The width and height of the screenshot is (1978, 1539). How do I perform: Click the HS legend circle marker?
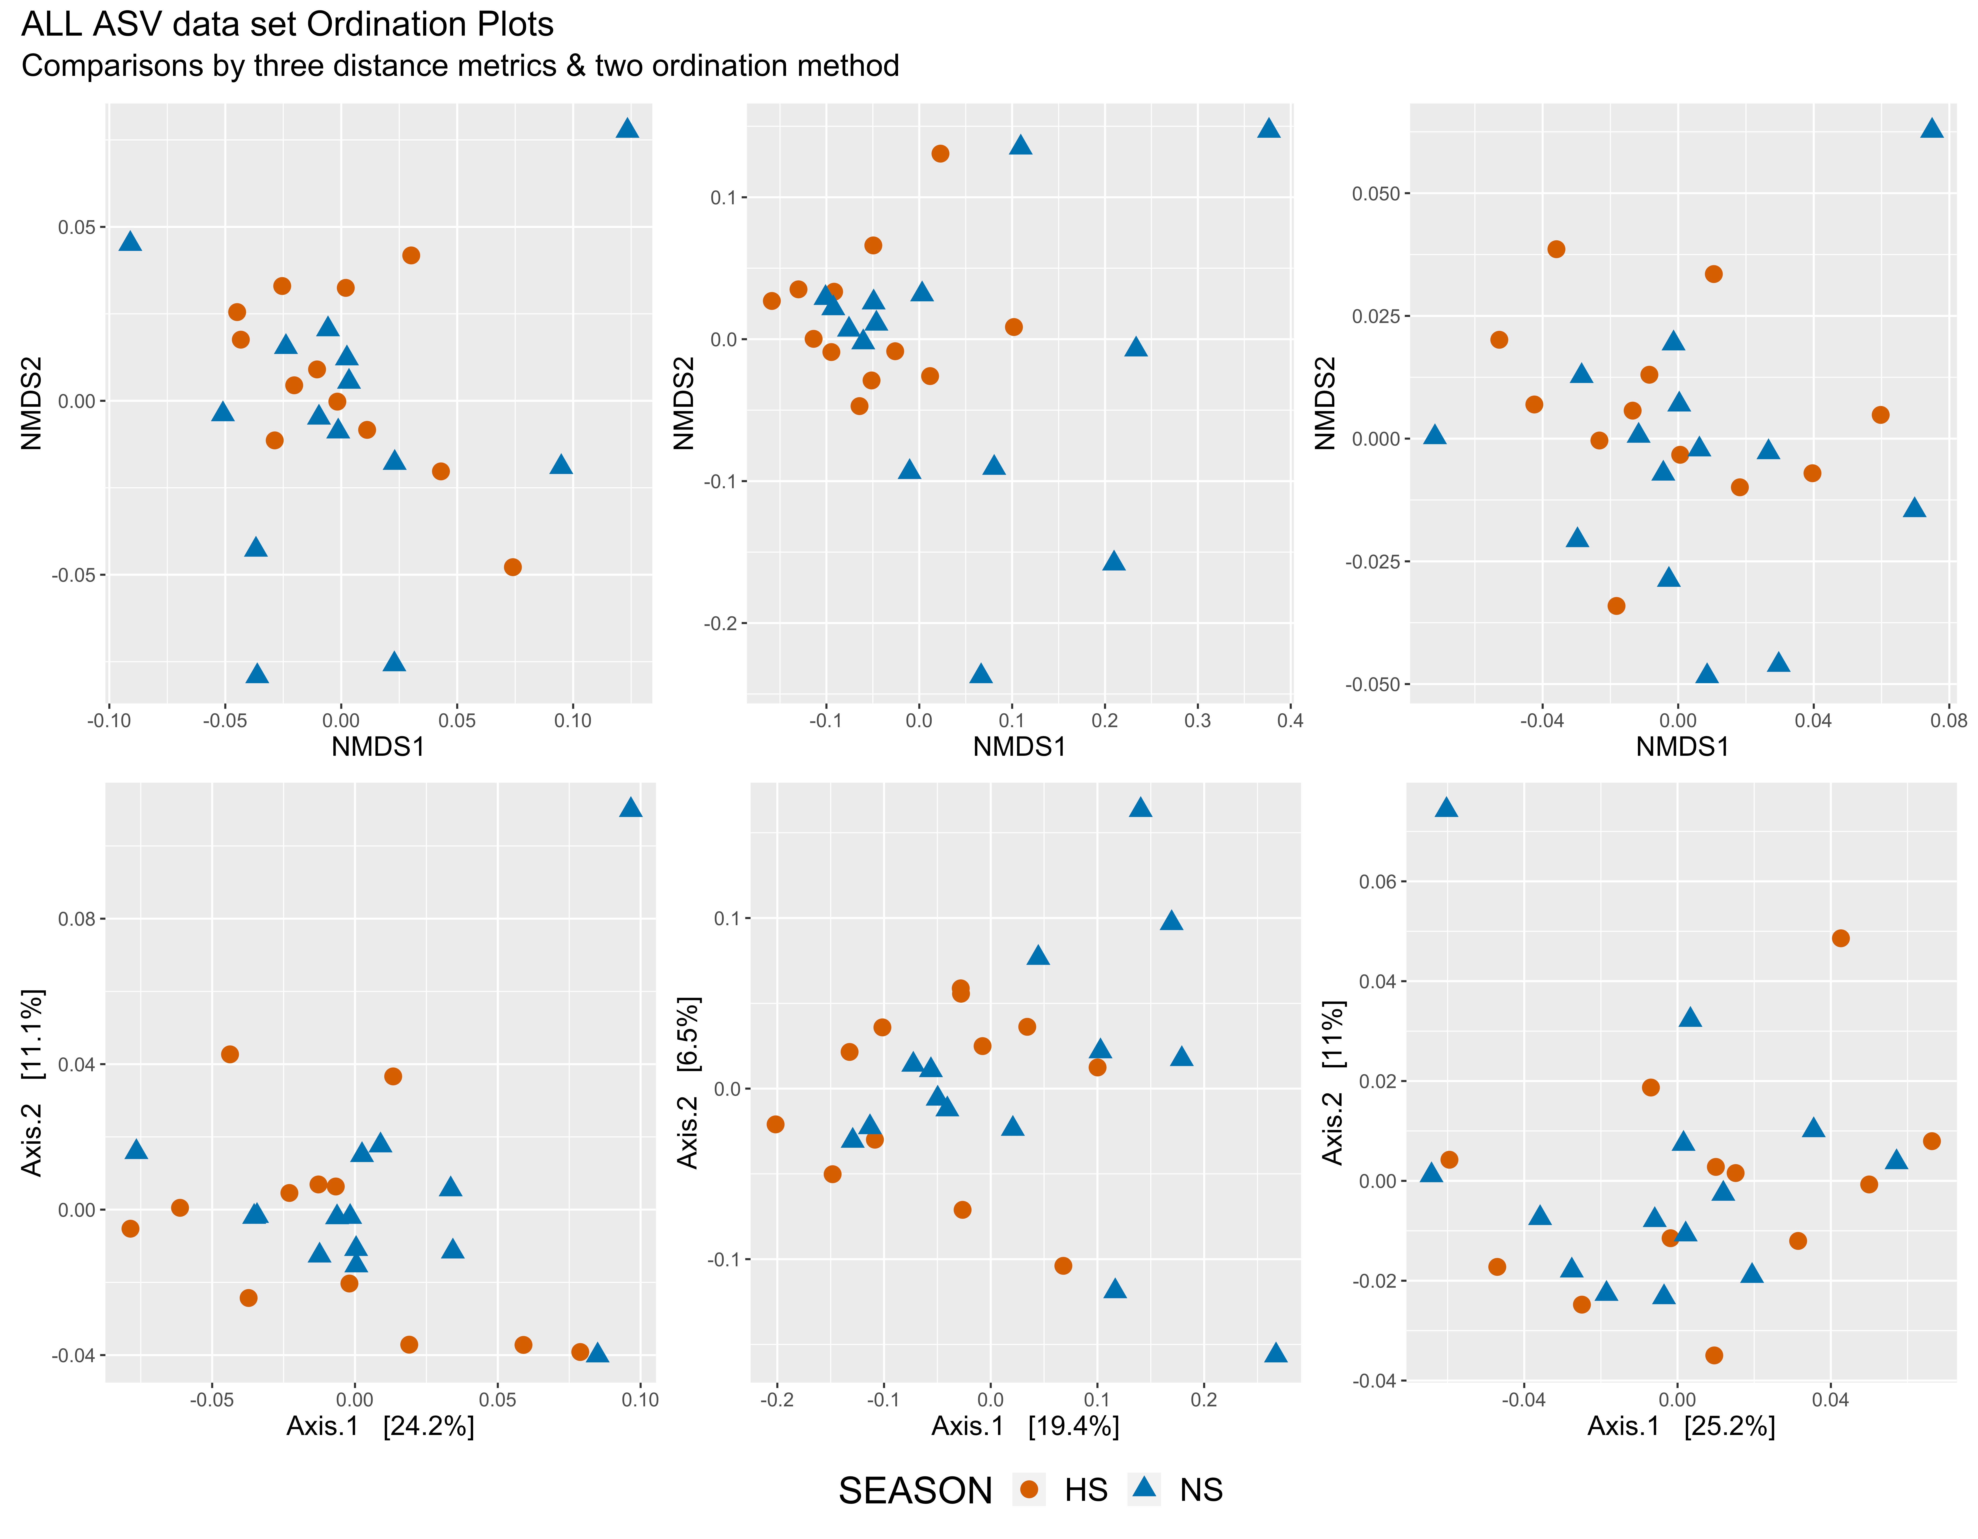(x=1029, y=1490)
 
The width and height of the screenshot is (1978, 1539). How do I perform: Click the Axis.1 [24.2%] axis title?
(x=380, y=1427)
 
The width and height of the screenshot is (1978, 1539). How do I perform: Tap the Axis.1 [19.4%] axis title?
(x=1025, y=1427)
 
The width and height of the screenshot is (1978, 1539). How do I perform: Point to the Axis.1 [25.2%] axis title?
(x=1681, y=1427)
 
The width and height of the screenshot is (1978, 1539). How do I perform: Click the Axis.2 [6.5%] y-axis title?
(x=688, y=1082)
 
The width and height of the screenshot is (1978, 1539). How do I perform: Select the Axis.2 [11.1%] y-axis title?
(x=33, y=1082)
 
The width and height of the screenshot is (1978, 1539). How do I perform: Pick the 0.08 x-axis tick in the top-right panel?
(x=1948, y=721)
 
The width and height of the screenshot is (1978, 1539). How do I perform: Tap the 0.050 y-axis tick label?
(x=1376, y=194)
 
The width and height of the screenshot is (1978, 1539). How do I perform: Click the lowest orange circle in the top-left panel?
(x=513, y=567)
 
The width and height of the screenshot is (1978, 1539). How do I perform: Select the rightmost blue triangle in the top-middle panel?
(x=1269, y=128)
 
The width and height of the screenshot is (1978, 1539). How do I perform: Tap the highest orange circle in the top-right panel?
(x=1556, y=249)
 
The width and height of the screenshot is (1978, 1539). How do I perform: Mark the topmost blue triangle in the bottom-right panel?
(x=1446, y=807)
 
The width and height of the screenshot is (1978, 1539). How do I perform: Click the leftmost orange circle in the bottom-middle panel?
(x=775, y=1124)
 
